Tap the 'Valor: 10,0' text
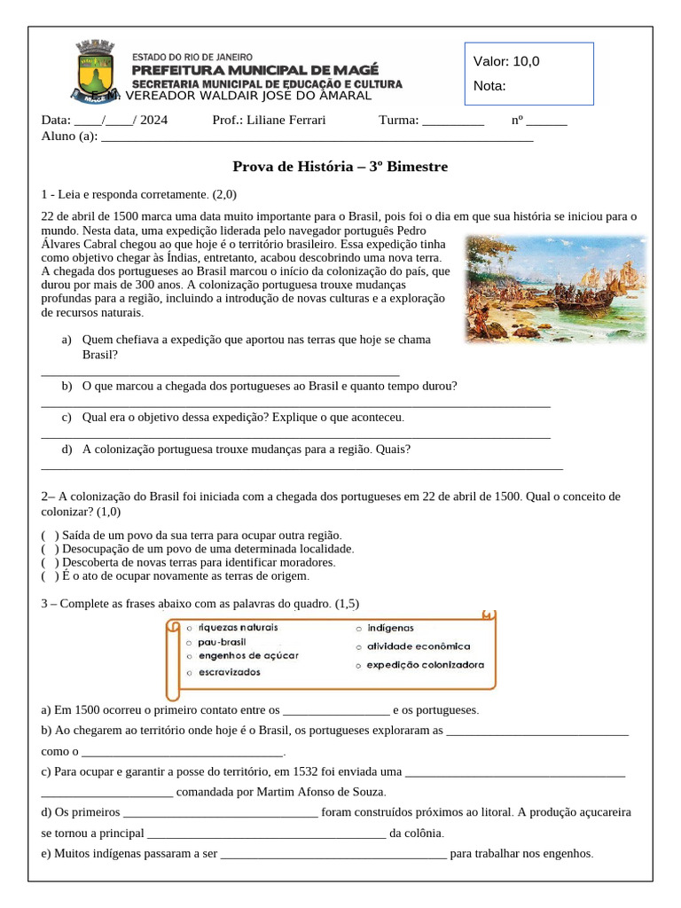pos(506,61)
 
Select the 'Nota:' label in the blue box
pos(490,86)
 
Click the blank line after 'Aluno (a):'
pos(317,137)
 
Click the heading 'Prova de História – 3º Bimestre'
pos(340,166)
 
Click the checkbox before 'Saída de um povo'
pos(51,536)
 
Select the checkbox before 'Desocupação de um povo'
pos(51,549)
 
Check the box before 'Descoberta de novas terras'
pos(51,562)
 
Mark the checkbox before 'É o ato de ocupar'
pos(51,575)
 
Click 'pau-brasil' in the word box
pos(223,641)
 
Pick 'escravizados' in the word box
pos(230,672)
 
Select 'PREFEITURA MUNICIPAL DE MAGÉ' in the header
pos(254,69)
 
